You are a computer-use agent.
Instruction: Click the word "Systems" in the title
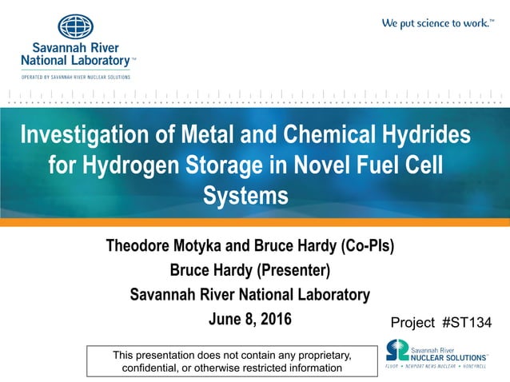click(245, 194)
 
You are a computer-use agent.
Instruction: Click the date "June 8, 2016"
click(249, 320)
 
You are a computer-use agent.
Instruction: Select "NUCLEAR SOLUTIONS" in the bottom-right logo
click(448, 356)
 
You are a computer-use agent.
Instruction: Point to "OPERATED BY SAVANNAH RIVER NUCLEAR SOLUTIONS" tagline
click(76, 77)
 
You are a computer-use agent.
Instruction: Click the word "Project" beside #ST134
click(412, 323)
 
